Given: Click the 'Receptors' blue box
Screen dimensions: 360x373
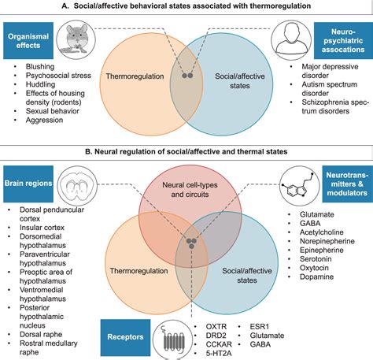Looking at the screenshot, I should (127, 337).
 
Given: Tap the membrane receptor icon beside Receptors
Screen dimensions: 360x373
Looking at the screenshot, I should (168, 338).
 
